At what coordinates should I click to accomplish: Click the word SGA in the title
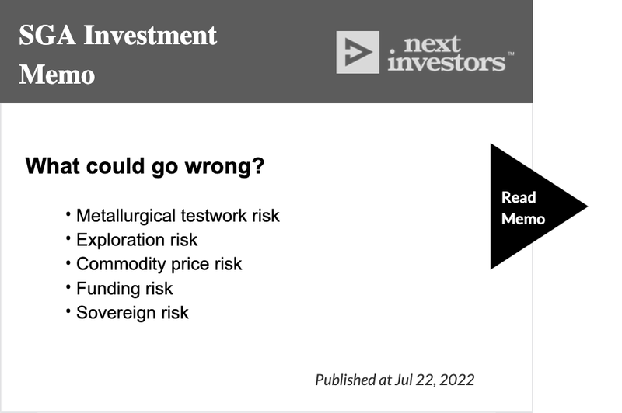(x=47, y=35)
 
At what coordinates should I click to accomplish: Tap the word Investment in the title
(x=150, y=35)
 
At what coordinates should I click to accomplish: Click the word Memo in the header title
(x=57, y=75)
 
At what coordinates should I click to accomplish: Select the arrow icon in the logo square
(x=358, y=52)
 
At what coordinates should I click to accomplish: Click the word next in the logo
(x=432, y=43)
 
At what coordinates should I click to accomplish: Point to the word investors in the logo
(x=446, y=63)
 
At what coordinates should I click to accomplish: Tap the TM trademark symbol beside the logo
(x=511, y=54)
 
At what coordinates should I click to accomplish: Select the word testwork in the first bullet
(x=215, y=216)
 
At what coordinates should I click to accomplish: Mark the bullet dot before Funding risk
(x=68, y=286)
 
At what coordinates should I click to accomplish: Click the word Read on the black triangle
(x=519, y=197)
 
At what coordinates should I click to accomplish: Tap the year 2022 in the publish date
(x=457, y=380)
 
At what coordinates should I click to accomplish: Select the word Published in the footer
(x=345, y=380)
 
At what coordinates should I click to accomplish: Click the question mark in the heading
(x=258, y=165)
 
